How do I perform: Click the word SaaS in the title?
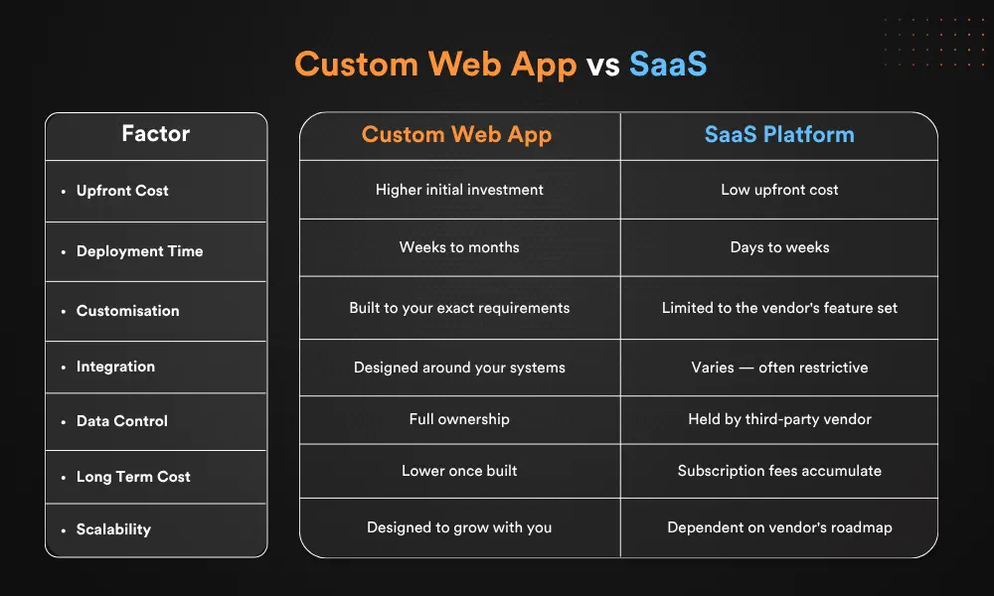point(667,65)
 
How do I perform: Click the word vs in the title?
point(602,65)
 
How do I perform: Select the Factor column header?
point(156,134)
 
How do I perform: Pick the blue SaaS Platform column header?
point(779,135)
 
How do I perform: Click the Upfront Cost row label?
point(122,191)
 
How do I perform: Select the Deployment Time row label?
point(139,251)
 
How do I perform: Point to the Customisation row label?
point(127,311)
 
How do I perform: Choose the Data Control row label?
point(121,421)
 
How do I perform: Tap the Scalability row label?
point(113,529)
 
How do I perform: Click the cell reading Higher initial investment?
point(459,190)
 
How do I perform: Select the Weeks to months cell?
point(459,247)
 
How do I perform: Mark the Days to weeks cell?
point(779,247)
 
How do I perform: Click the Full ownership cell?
point(459,419)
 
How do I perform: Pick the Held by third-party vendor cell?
point(779,419)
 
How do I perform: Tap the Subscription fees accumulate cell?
point(779,471)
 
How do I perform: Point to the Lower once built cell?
point(459,471)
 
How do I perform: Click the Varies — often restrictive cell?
point(779,368)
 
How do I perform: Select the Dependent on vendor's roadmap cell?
point(779,527)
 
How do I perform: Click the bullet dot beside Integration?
point(63,368)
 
